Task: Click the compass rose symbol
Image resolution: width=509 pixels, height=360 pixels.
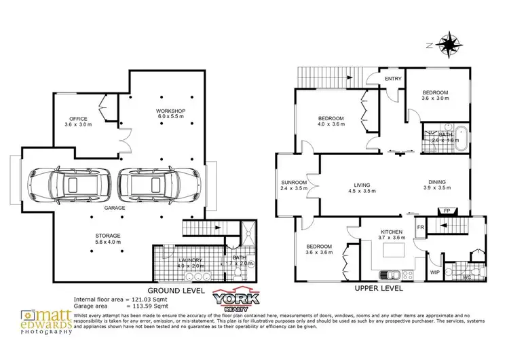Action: coord(449,45)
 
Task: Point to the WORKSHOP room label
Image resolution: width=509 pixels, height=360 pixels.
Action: coord(170,111)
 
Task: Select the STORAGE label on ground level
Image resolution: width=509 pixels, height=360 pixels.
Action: coord(107,235)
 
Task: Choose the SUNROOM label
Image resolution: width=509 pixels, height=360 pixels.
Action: coord(295,183)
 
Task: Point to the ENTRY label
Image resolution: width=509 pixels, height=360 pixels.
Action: coord(393,79)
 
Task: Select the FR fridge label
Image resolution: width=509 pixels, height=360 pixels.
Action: coord(421,226)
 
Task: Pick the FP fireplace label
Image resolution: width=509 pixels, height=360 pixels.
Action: coord(446,211)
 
